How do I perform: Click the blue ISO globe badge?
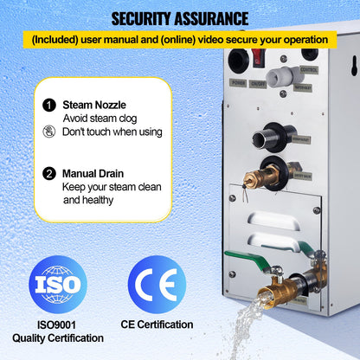click(59, 285)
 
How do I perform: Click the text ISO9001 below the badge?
click(59, 325)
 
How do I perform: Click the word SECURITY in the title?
click(138, 18)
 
